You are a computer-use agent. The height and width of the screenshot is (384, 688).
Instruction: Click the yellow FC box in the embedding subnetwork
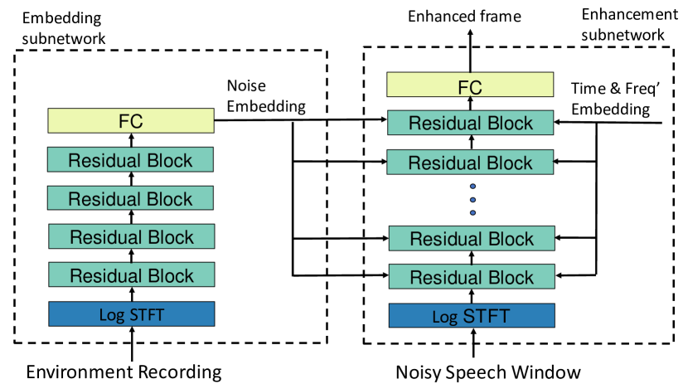click(131, 121)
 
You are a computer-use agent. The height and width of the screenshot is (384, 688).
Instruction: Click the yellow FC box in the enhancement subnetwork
click(471, 85)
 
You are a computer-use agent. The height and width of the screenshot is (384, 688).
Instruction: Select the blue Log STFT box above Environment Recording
click(131, 314)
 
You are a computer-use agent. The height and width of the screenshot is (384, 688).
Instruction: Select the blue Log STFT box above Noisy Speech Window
click(471, 315)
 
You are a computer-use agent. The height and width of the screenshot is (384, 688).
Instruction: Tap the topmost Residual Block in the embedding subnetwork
click(131, 160)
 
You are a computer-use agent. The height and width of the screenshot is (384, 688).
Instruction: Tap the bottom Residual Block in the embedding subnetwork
click(131, 275)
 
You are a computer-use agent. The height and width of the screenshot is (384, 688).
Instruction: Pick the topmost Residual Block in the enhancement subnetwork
click(471, 123)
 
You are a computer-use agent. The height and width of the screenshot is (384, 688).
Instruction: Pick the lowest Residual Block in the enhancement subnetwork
click(471, 276)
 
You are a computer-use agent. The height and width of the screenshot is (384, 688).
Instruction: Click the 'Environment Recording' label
click(124, 371)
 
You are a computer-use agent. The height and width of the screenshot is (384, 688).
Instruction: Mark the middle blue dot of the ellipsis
click(472, 199)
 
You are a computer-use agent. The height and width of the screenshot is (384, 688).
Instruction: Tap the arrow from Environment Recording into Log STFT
click(131, 343)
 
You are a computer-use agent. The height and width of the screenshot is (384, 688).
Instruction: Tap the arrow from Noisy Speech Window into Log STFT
click(472, 344)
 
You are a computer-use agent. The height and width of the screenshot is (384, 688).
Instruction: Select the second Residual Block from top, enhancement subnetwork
click(471, 161)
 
